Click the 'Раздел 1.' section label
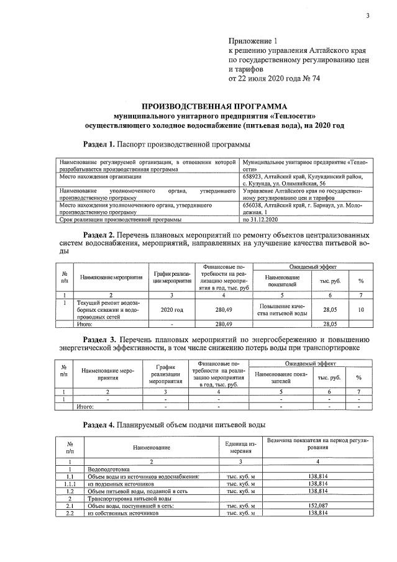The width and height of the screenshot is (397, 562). (x=100, y=145)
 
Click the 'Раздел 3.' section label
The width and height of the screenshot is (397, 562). (x=100, y=340)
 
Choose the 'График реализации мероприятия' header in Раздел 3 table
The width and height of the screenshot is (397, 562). (x=165, y=374)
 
